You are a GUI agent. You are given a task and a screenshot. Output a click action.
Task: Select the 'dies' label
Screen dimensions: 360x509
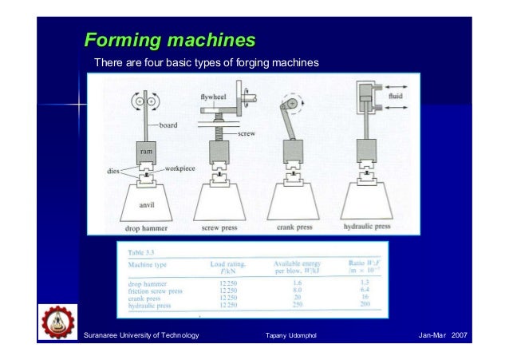(x=115, y=169)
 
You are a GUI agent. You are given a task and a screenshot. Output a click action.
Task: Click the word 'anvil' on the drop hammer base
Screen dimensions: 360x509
(x=147, y=204)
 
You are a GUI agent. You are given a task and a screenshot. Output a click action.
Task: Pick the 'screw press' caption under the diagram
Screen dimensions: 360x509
(x=225, y=227)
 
